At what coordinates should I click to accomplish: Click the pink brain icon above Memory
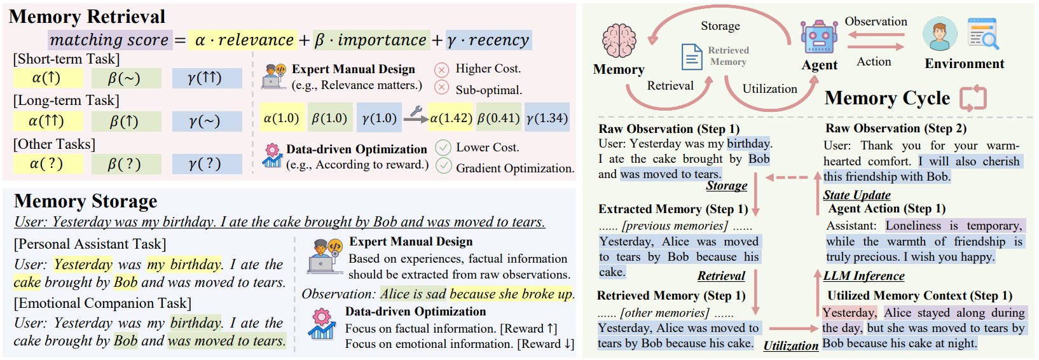click(619, 41)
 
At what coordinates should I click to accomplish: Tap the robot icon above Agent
click(819, 38)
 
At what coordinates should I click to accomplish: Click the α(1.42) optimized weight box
click(451, 118)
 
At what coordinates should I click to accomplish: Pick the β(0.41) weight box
click(499, 118)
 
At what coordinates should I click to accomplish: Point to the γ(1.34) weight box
click(547, 118)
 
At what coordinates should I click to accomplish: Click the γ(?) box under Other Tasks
click(207, 163)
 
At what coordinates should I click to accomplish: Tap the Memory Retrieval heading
click(87, 17)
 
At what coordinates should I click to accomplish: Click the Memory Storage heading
click(86, 201)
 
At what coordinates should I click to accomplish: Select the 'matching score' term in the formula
click(109, 40)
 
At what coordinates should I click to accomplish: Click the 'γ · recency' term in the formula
click(488, 40)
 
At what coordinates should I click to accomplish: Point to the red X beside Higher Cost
click(441, 69)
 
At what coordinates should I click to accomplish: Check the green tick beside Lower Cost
click(443, 148)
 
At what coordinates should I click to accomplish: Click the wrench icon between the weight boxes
click(416, 113)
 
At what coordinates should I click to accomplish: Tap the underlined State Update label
click(857, 195)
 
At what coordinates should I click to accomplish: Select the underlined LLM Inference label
click(864, 275)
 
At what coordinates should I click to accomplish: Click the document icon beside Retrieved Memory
click(691, 57)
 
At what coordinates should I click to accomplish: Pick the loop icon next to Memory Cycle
click(973, 98)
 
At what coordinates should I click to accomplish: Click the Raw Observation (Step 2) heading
click(896, 128)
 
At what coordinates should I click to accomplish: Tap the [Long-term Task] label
click(66, 100)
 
